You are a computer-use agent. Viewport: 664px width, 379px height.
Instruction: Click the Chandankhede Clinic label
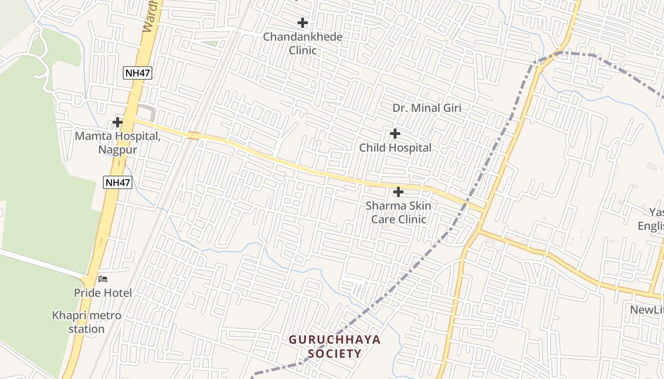click(x=303, y=43)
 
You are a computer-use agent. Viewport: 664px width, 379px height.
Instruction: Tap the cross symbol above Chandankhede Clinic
click(x=302, y=22)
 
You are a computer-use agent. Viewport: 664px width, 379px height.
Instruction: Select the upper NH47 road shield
click(x=138, y=73)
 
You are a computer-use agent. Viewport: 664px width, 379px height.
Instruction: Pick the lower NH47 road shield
click(x=117, y=182)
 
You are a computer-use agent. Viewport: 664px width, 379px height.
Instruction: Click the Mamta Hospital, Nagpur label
click(x=118, y=143)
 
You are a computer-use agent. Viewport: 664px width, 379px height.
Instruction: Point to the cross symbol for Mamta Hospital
click(x=117, y=122)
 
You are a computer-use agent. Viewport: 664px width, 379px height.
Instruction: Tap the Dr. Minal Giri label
click(x=427, y=108)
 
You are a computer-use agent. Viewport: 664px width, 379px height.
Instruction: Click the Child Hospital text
click(x=395, y=148)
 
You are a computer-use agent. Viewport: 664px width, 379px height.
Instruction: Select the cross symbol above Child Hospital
click(x=395, y=134)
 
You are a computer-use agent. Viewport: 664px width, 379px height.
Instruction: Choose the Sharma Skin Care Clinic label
click(x=398, y=213)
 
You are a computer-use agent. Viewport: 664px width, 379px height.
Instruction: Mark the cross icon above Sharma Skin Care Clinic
click(x=398, y=192)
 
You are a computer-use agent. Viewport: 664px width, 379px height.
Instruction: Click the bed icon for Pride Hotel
click(x=103, y=279)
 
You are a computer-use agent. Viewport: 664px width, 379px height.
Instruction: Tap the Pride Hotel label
click(x=103, y=293)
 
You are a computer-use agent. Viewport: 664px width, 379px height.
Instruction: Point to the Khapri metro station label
click(x=87, y=322)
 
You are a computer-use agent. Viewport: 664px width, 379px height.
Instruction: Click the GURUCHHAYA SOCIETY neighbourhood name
click(x=335, y=346)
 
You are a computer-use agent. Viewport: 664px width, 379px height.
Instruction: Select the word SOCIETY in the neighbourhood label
click(x=335, y=353)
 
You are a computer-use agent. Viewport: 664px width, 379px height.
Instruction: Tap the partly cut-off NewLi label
click(x=647, y=310)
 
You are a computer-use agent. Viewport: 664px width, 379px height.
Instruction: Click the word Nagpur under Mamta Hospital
click(x=118, y=150)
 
